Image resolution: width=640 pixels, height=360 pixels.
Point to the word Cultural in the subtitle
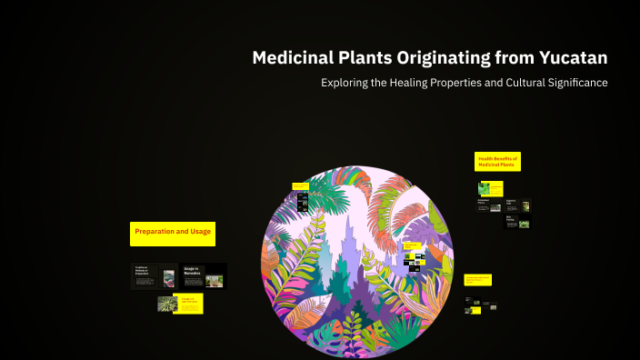click(x=516, y=83)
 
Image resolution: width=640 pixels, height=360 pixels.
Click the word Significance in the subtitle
click(x=575, y=83)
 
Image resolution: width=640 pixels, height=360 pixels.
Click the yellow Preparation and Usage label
click(x=173, y=233)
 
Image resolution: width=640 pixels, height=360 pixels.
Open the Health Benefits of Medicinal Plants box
click(x=498, y=162)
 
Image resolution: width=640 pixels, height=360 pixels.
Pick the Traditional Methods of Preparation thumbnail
click(x=155, y=275)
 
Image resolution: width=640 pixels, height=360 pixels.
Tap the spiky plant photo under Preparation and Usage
click(x=167, y=304)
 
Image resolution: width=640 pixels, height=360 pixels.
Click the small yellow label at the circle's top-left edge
click(x=301, y=185)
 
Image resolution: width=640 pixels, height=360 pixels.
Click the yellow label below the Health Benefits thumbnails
click(x=478, y=279)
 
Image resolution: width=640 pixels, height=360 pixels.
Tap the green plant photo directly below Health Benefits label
click(x=491, y=189)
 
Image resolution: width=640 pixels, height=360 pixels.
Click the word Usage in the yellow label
click(x=200, y=233)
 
